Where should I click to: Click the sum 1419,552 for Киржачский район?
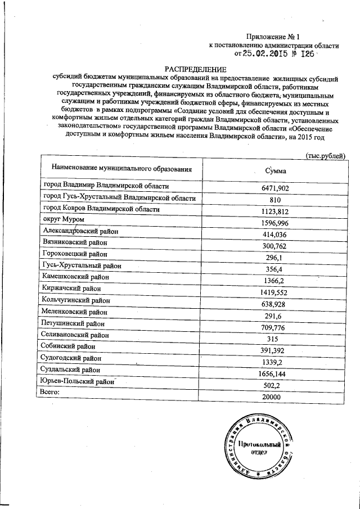275,292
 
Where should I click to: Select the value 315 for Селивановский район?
275,339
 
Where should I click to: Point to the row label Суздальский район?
71,370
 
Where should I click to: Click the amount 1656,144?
275,373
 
